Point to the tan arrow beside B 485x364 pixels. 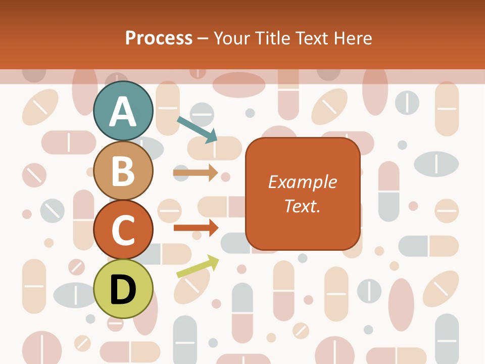tap(195, 173)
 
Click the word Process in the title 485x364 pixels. tap(159, 38)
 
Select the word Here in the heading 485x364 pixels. tap(353, 38)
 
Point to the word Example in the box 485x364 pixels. tap(303, 182)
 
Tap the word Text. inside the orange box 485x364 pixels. tap(303, 206)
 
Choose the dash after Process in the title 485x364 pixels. tap(203, 38)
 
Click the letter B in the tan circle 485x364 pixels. tap(123, 171)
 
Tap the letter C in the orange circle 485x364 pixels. tap(123, 230)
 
